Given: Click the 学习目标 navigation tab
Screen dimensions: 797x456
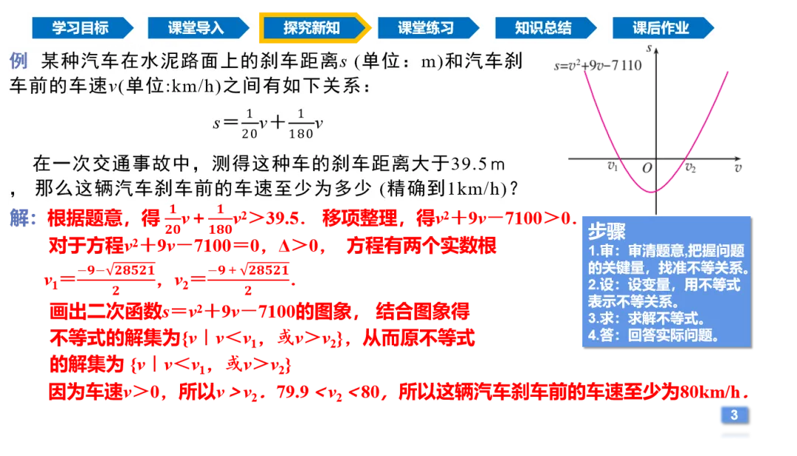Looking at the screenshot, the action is [x=80, y=28].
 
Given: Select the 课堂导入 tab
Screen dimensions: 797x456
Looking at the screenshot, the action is [x=196, y=28].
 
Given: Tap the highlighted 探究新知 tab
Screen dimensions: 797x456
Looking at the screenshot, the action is [x=312, y=28].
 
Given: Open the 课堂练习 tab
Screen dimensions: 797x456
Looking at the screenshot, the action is [x=427, y=28].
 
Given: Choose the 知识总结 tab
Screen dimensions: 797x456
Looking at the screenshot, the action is [x=543, y=28].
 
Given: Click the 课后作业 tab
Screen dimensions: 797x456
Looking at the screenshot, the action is [x=660, y=28].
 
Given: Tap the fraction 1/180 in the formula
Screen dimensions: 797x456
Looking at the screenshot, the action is [x=299, y=123].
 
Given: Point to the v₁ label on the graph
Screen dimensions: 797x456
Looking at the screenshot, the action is [x=611, y=167].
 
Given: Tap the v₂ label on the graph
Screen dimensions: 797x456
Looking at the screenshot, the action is [x=690, y=167].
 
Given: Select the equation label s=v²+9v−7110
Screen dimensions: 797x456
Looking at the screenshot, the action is [x=598, y=66].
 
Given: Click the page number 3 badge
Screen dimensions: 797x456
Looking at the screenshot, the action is [x=734, y=415].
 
